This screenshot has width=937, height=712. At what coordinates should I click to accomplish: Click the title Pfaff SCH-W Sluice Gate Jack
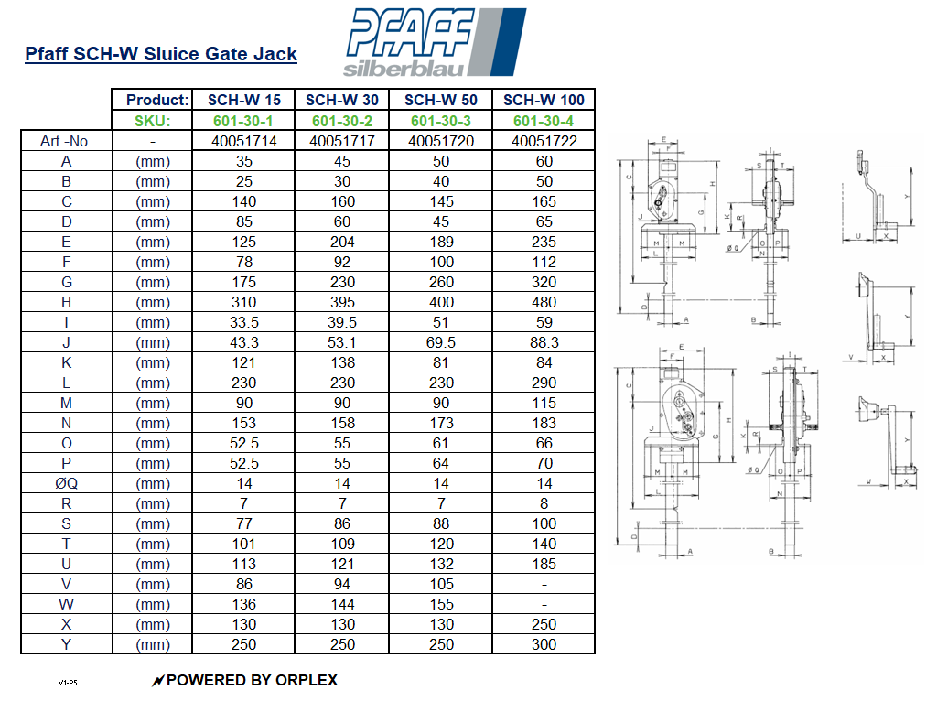[x=161, y=54]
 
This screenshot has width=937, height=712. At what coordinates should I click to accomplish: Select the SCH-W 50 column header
[x=441, y=100]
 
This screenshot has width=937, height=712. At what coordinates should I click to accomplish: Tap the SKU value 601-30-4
[x=544, y=121]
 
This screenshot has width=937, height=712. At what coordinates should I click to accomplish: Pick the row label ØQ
[x=66, y=483]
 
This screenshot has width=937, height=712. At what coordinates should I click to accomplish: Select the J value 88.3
[x=544, y=342]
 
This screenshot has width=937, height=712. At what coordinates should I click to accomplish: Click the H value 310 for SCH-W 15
[x=244, y=302]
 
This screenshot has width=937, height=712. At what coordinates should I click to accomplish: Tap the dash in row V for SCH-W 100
[x=544, y=584]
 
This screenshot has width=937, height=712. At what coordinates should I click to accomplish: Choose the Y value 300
[x=544, y=644]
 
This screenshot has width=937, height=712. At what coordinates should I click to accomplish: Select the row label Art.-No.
[x=66, y=141]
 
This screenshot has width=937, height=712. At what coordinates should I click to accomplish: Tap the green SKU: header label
[x=153, y=121]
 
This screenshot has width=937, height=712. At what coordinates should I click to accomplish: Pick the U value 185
[x=544, y=564]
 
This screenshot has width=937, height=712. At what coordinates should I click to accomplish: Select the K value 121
[x=244, y=362]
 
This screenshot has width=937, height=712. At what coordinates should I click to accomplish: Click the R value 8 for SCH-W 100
[x=544, y=503]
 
